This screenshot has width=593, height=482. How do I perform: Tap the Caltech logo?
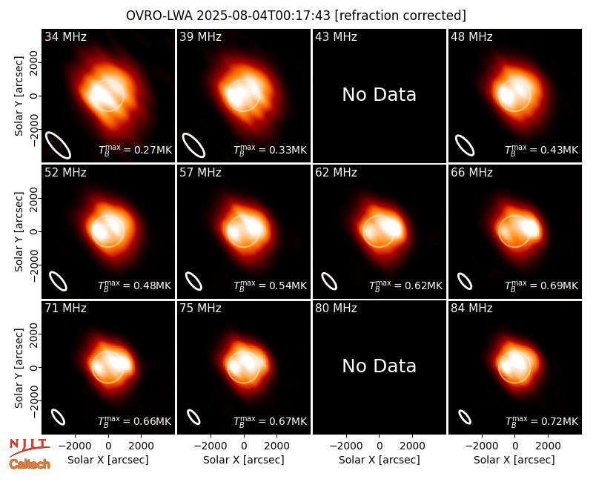30,464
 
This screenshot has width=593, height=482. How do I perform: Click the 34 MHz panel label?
65,36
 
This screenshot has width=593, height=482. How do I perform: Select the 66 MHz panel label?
471,173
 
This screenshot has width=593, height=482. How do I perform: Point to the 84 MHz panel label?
471,308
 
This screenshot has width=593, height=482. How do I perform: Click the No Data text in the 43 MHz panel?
380,95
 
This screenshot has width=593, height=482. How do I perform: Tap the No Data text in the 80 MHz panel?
380,366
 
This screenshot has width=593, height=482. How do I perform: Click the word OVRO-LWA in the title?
159,16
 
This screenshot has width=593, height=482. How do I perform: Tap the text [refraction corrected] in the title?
400,16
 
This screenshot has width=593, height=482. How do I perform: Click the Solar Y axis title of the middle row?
19,231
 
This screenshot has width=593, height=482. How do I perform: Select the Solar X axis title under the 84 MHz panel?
514,460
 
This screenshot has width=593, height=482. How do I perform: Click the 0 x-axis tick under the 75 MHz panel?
244,446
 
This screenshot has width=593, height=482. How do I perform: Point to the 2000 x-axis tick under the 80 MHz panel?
412,446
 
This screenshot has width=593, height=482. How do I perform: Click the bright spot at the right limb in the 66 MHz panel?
531,228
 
